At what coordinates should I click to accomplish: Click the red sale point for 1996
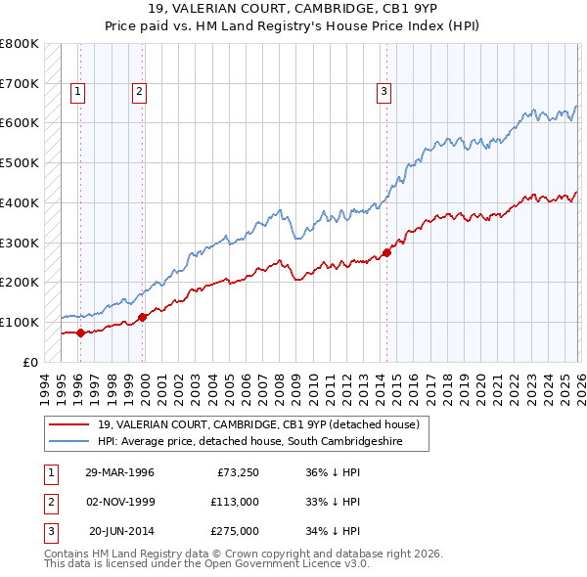(x=80, y=333)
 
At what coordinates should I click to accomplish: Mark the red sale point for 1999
(x=143, y=317)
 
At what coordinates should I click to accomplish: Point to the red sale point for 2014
(x=386, y=252)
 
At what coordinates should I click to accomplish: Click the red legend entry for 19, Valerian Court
(x=258, y=424)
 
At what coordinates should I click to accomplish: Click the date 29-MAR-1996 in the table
(x=119, y=472)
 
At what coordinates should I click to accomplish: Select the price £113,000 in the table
(x=234, y=502)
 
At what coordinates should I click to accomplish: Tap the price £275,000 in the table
(x=234, y=531)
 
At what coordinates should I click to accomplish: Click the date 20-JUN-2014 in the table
(x=121, y=531)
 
